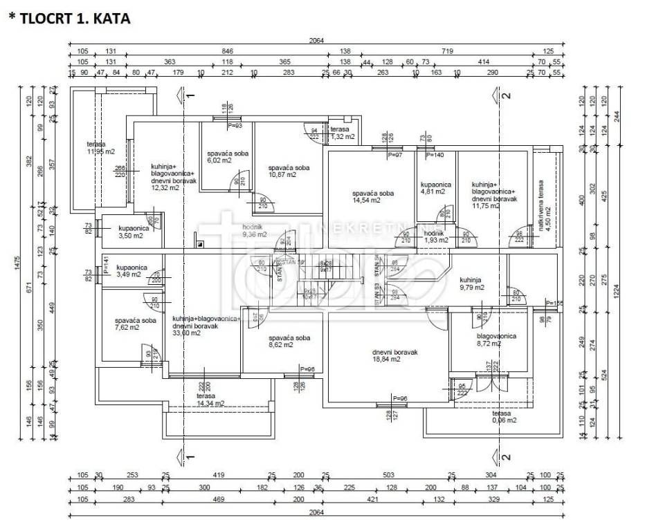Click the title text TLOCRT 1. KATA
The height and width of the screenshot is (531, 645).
(x=69, y=19)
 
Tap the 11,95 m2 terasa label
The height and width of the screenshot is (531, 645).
(x=101, y=148)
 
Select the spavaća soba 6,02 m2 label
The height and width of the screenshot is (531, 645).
(x=228, y=158)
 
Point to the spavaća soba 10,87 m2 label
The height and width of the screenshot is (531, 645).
(x=289, y=171)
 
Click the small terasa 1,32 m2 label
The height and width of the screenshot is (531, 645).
(x=340, y=133)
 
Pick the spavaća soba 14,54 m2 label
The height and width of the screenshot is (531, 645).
(x=372, y=197)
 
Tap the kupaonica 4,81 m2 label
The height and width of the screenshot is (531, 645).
(x=436, y=189)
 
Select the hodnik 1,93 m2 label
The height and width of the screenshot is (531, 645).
(x=435, y=236)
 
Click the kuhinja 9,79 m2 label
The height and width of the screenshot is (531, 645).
(x=473, y=283)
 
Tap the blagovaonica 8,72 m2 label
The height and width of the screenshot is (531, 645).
(x=496, y=339)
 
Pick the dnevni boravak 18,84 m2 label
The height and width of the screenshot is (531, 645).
(x=395, y=355)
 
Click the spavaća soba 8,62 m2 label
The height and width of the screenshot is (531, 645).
(x=289, y=342)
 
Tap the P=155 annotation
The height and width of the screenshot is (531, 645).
(x=554, y=303)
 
